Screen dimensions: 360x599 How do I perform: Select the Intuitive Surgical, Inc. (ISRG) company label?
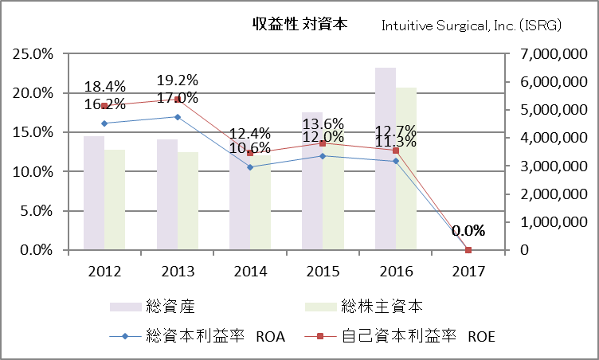(472, 25)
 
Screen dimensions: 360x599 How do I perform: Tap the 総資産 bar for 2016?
(386, 159)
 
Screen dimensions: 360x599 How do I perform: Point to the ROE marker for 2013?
(178, 100)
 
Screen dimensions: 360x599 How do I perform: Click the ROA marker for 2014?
(250, 167)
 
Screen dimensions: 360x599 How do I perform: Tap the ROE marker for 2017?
(468, 250)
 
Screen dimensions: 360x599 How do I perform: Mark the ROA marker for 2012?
(104, 123)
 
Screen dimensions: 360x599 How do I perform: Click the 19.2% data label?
(177, 80)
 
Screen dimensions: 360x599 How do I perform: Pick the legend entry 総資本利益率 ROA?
(199, 336)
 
